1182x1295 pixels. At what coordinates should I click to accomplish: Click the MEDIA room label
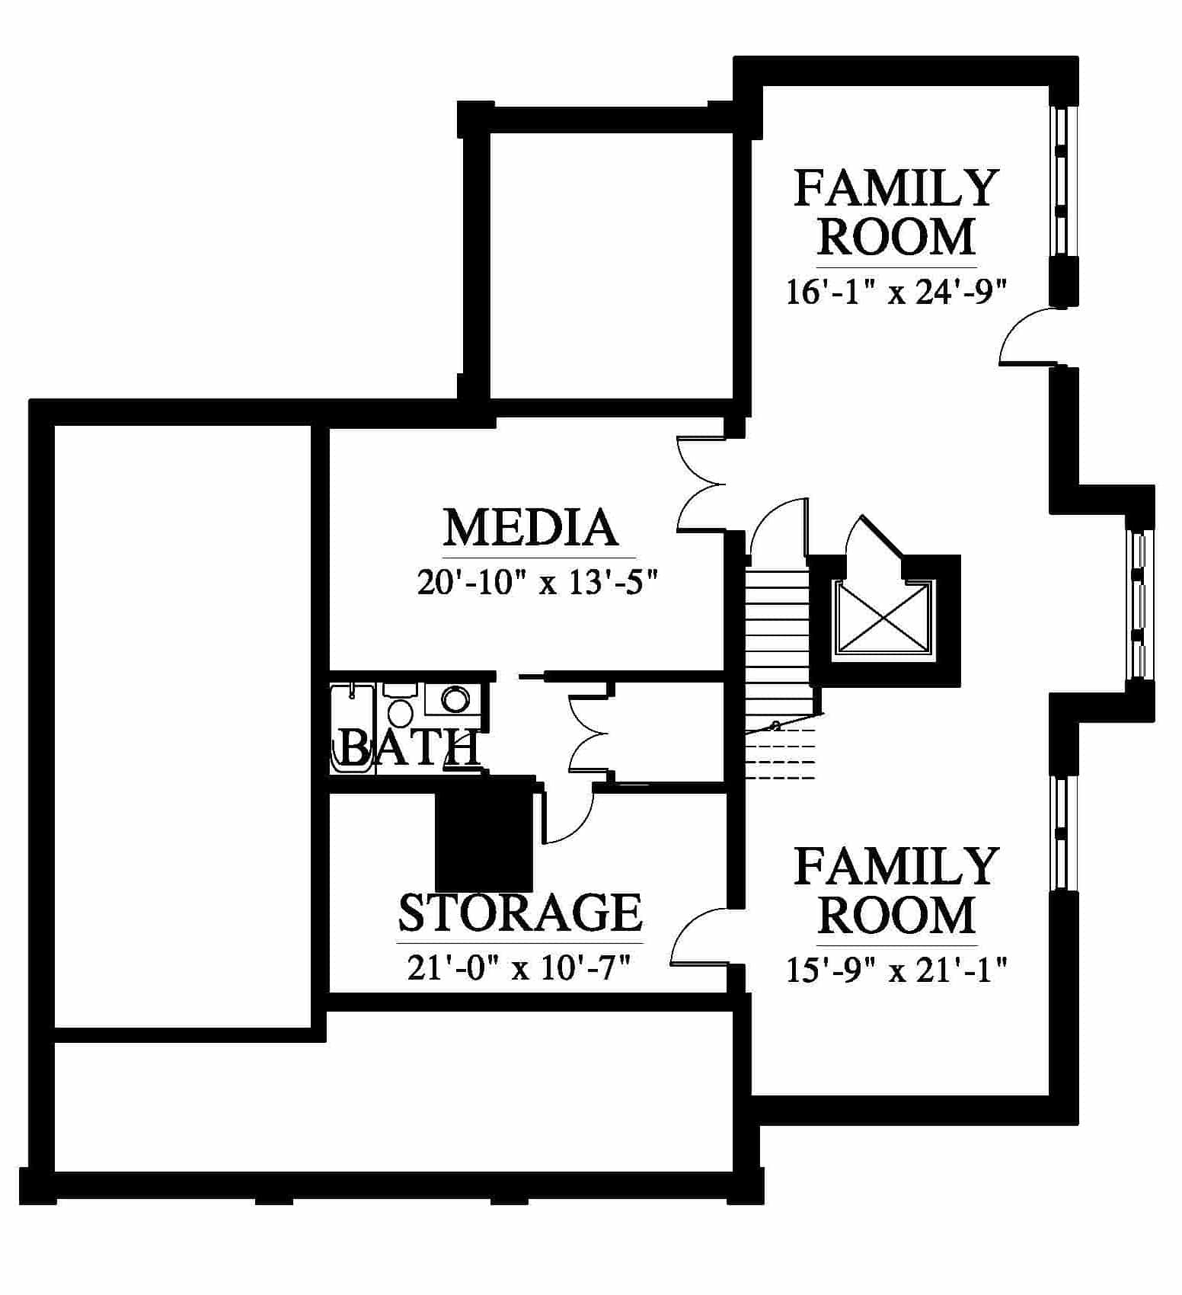(x=530, y=528)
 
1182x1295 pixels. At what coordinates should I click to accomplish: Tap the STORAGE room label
(x=521, y=913)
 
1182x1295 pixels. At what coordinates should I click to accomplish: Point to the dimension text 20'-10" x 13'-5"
(x=537, y=584)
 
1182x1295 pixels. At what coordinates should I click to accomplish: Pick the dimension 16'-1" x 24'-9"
(x=896, y=292)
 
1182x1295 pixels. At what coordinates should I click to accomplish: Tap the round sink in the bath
(x=455, y=699)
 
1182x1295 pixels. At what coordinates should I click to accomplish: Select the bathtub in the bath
(x=352, y=730)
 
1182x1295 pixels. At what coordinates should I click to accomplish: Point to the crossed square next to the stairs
(x=883, y=618)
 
